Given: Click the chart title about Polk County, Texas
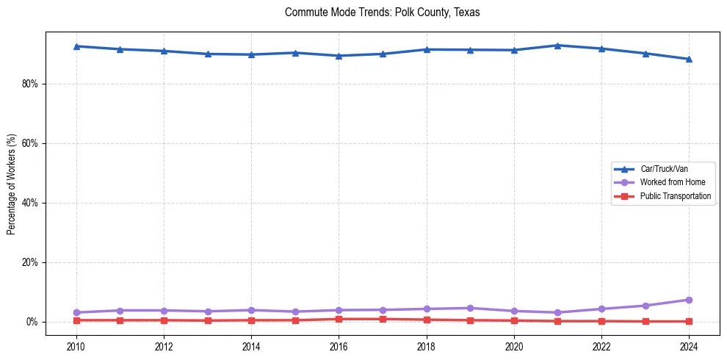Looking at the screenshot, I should pos(382,13).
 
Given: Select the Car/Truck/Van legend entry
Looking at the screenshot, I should pos(664,169).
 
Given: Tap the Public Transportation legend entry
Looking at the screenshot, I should pos(675,196).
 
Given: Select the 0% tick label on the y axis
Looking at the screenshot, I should pos(32,322).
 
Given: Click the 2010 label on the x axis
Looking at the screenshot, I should pos(76,346).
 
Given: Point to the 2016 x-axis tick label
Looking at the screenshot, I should pos(339,346).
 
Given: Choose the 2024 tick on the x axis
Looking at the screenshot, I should pos(689,346).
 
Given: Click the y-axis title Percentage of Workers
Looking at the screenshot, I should pos(12,184).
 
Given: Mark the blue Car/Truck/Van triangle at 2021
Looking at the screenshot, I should pos(557,46).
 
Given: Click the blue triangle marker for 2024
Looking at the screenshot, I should pos(689,59).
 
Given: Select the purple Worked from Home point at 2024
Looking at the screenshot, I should pos(689,300).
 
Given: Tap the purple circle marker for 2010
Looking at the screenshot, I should pos(76,312).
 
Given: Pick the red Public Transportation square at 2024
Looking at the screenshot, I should pos(689,321).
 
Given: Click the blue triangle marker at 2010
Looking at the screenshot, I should pos(76,46).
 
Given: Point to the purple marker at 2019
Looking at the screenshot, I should pos(470,308).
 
